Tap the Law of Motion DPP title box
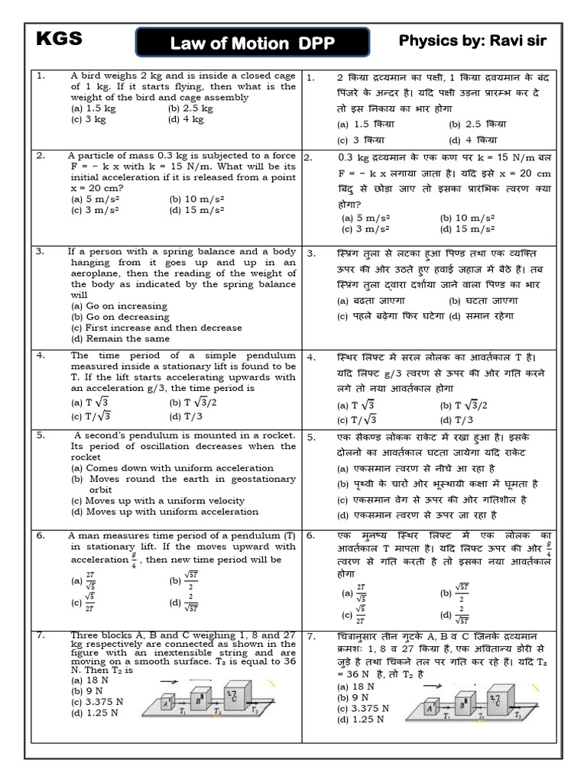pos(253,44)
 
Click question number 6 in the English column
pos(41,536)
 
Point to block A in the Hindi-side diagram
pos(431,709)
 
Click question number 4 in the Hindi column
pos(311,357)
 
